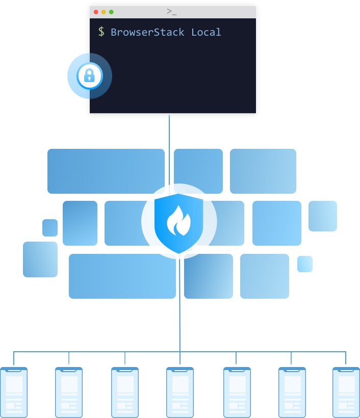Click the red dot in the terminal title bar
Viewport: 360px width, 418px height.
[x=96, y=12]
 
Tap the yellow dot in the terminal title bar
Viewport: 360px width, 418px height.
[x=104, y=12]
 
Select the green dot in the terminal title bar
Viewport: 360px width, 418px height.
[x=111, y=12]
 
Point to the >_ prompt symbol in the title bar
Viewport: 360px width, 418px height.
[x=171, y=11]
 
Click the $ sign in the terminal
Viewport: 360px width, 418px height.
[x=101, y=32]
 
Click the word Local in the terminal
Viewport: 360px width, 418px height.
[x=206, y=32]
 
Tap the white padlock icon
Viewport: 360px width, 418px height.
[x=89, y=76]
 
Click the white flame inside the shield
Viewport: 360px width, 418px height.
[x=178, y=220]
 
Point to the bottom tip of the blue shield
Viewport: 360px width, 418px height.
[x=179, y=252]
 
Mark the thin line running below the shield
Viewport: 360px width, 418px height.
[x=179, y=306]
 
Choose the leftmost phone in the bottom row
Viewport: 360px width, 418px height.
[x=13, y=394]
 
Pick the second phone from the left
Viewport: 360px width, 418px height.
[x=69, y=394]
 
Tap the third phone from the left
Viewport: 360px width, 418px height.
[x=125, y=394]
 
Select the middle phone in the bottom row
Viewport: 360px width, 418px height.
[x=180, y=394]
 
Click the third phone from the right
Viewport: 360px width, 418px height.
[x=237, y=394]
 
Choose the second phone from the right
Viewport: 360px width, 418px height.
[x=292, y=394]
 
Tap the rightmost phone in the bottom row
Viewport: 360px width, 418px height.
[x=346, y=394]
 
